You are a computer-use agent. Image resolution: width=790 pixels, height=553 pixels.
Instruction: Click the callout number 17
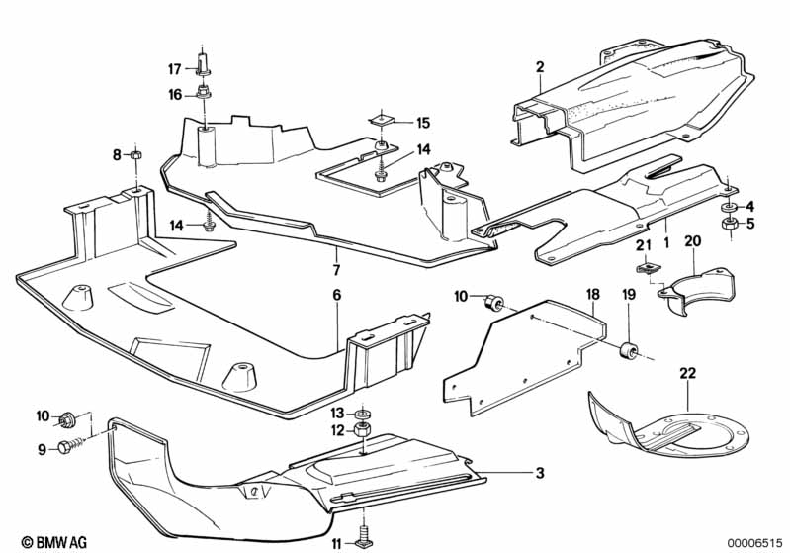pos(174,69)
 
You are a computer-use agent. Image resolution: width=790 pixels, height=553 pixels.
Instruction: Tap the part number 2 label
pos(540,67)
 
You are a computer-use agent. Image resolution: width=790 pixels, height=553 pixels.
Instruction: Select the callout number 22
pos(687,373)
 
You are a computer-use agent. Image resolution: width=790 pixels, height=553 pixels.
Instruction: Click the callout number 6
pos(336,296)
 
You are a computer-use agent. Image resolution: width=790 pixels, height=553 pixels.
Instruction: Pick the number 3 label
pos(540,473)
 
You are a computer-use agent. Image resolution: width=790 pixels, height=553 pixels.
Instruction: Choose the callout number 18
pos(592,295)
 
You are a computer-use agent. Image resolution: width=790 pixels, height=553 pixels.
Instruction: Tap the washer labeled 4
pos(728,206)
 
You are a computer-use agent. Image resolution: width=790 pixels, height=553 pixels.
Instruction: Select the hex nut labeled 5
pos(728,224)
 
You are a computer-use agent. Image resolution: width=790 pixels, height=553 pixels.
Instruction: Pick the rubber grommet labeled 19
pos(627,349)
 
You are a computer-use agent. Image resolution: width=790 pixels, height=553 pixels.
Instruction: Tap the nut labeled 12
pos(363,430)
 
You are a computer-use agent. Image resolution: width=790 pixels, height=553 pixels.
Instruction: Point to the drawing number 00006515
pos(753,541)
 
